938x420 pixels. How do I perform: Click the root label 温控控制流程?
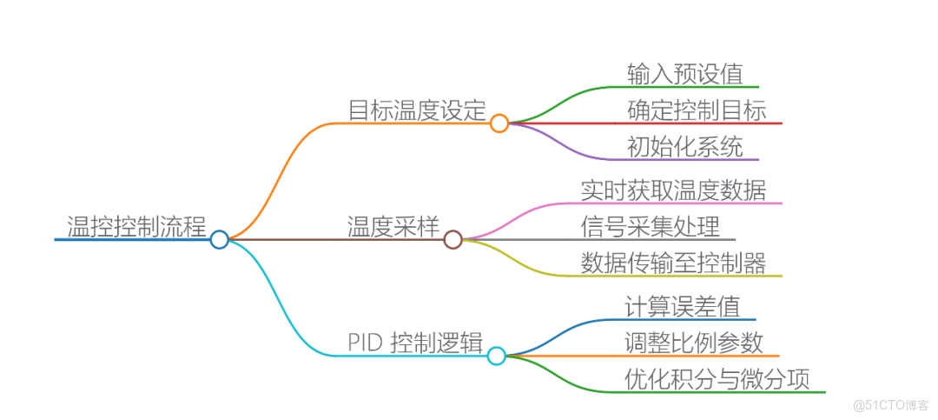point(137,226)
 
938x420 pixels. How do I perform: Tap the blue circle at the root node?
point(220,239)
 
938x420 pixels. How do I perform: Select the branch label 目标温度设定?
point(416,110)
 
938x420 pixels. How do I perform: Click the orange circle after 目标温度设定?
point(499,123)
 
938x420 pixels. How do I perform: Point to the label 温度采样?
point(392,226)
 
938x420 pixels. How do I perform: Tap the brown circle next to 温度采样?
point(452,239)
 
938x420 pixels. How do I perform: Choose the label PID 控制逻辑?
point(414,342)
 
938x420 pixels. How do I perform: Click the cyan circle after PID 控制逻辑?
point(496,355)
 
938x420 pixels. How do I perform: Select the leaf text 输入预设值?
point(685,74)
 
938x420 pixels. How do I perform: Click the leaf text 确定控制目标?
point(697,110)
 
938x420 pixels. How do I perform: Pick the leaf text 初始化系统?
point(685,147)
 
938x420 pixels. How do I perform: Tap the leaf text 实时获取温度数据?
point(673,190)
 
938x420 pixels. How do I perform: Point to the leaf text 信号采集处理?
point(651,226)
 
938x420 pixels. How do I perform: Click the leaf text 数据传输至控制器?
point(673,263)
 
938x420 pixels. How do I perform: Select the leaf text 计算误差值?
point(682,306)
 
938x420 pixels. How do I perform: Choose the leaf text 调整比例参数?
point(694,343)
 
